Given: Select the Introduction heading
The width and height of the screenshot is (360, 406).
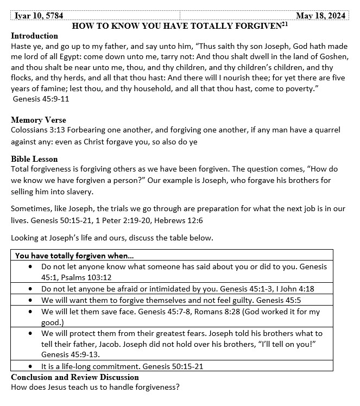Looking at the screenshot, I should [34, 36].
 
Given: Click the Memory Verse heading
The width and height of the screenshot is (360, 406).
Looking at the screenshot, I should [38, 120].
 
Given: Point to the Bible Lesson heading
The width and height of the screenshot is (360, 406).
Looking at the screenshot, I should [34, 159].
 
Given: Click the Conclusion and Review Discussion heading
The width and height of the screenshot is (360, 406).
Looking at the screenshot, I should [75, 377].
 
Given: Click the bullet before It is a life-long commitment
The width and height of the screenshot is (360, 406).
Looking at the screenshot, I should [30, 367].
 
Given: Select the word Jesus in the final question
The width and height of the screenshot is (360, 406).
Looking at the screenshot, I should [53, 387].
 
